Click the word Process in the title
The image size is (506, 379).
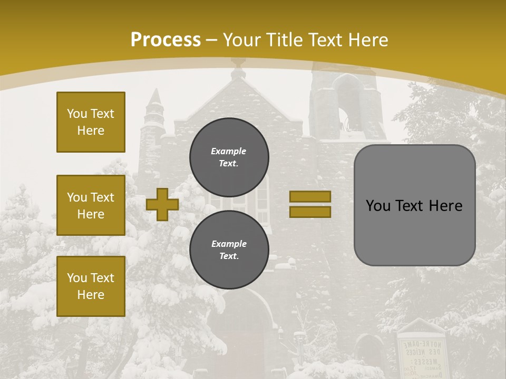click(x=166, y=39)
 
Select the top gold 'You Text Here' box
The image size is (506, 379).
click(x=91, y=122)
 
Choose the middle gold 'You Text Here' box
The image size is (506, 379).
click(x=91, y=205)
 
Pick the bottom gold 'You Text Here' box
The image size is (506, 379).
click(x=91, y=286)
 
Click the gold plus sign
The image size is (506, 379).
click(x=162, y=204)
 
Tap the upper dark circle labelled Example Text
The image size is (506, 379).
click(x=229, y=157)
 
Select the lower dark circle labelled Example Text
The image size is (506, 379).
click(x=229, y=250)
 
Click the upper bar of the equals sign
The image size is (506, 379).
click(x=310, y=196)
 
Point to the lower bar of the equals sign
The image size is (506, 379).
click(x=310, y=212)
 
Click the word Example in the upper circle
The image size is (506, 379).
click(x=229, y=151)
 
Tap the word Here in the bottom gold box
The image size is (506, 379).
click(x=91, y=295)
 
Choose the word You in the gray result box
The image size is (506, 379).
click(x=378, y=206)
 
